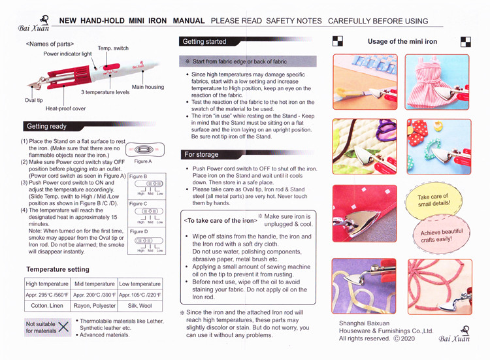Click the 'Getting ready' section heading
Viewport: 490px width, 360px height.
tap(46, 126)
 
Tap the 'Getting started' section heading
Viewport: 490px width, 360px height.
tap(204, 42)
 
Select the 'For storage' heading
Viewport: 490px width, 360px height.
tap(201, 154)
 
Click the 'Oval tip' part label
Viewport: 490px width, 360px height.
tap(34, 101)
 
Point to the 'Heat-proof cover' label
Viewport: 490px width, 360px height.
tap(65, 108)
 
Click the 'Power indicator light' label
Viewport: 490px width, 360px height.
tap(67, 54)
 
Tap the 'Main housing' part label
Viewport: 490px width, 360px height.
tap(148, 87)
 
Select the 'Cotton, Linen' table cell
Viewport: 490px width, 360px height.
tap(47, 306)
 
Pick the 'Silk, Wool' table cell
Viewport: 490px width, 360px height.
tap(140, 306)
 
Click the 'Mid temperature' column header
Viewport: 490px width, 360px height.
tap(94, 284)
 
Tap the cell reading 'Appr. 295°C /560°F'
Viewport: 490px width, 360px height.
tap(47, 295)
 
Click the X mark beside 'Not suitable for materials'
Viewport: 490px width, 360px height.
tap(63, 327)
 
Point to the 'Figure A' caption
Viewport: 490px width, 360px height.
tap(143, 161)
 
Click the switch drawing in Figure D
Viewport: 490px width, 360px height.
tap(149, 240)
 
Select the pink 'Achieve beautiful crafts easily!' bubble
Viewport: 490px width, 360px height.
tap(441, 235)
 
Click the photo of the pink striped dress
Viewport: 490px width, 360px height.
tap(437, 82)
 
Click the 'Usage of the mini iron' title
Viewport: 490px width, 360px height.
tap(402, 42)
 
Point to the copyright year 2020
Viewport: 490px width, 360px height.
tap(408, 338)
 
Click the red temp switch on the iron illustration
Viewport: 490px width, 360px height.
tap(111, 67)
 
